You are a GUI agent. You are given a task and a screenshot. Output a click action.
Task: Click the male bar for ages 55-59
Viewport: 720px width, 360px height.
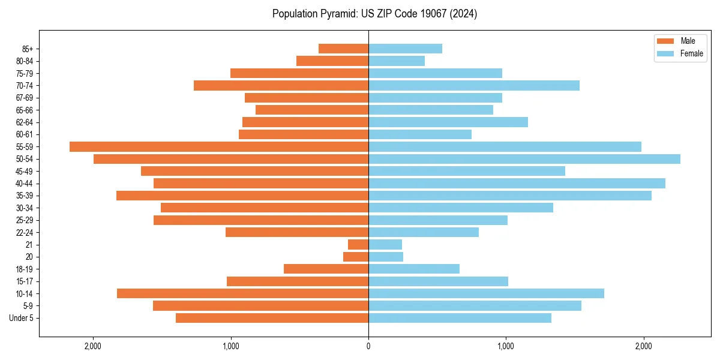(x=219, y=146)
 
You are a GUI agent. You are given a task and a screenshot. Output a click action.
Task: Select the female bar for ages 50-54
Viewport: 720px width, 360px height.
(x=524, y=159)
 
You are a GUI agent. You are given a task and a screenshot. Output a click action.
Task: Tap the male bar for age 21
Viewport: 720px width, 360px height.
(x=358, y=245)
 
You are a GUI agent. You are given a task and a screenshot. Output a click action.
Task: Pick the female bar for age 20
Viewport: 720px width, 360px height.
(x=386, y=257)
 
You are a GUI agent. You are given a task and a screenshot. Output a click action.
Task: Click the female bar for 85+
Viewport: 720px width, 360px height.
(x=405, y=49)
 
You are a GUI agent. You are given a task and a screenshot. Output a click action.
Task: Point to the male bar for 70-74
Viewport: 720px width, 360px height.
(x=281, y=85)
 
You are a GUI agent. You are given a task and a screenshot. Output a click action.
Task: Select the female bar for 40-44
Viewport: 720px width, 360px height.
(x=517, y=183)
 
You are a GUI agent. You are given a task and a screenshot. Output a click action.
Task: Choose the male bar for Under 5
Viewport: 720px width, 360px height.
(x=272, y=318)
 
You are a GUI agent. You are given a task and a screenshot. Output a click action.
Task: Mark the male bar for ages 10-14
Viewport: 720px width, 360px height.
(x=242, y=293)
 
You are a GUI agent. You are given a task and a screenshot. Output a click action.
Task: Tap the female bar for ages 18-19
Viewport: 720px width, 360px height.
(x=414, y=269)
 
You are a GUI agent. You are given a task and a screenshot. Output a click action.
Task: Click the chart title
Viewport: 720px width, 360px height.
(x=374, y=14)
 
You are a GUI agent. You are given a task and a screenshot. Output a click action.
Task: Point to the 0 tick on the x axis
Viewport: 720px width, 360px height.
(x=368, y=346)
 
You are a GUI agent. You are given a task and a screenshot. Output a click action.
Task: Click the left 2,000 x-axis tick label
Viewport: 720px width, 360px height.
(x=93, y=346)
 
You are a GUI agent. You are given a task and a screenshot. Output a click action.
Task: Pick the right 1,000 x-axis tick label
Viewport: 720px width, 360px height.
(x=506, y=346)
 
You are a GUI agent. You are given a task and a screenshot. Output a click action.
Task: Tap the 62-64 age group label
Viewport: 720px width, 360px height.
(x=28, y=122)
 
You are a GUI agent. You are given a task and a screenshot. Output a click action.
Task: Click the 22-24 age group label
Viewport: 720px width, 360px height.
(x=28, y=232)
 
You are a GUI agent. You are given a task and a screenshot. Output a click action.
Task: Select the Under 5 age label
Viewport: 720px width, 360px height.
(x=22, y=318)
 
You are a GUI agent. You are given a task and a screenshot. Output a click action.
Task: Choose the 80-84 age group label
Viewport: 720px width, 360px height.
(x=28, y=61)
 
